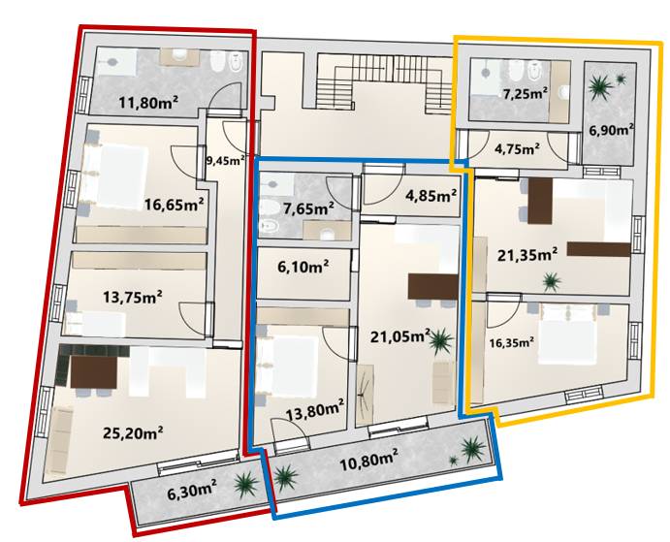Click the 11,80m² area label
(x=148, y=102)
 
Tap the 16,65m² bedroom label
(x=174, y=204)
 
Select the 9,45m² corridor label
(x=226, y=160)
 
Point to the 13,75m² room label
(x=133, y=296)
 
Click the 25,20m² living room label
(x=133, y=432)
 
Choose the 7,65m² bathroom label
(x=308, y=208)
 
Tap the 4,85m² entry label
(x=431, y=195)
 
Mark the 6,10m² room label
(x=303, y=267)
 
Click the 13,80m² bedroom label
(x=315, y=412)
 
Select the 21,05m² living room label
(x=400, y=336)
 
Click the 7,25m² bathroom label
(x=526, y=94)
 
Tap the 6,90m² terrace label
(x=612, y=130)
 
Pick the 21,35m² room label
(x=527, y=255)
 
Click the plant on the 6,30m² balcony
(x=245, y=486)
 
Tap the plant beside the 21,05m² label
(x=440, y=340)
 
